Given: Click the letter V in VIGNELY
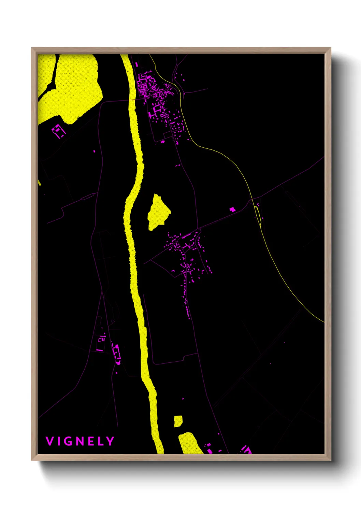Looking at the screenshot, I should tap(49, 441).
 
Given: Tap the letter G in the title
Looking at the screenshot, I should tap(68, 441).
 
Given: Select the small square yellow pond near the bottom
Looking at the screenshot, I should tap(178, 421).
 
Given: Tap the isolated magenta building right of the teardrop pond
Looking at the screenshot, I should tap(232, 209).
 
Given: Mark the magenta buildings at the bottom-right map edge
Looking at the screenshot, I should tap(246, 450).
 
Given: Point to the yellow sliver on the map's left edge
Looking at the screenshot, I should tap(39, 182).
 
